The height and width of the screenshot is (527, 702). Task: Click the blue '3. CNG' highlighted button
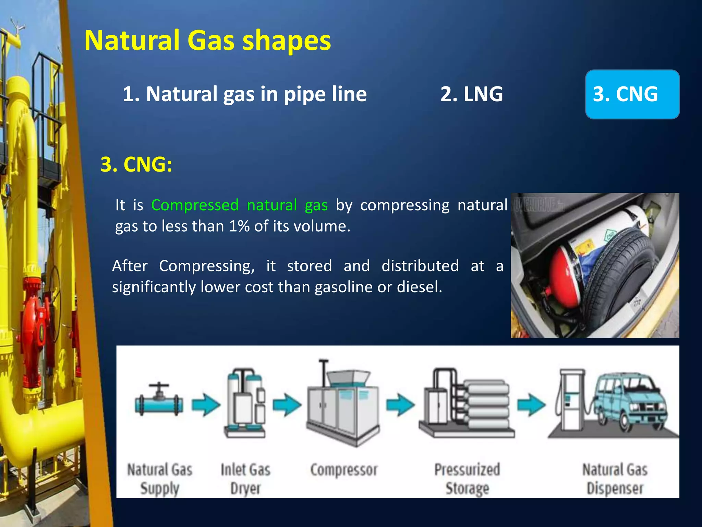click(x=632, y=94)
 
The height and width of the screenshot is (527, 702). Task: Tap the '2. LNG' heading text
click(x=472, y=94)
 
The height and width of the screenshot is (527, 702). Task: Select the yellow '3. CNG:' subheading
click(x=136, y=164)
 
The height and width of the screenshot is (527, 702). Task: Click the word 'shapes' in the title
click(x=287, y=40)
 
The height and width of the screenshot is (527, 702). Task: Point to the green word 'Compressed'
click(x=195, y=205)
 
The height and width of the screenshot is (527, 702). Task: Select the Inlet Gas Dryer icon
click(x=246, y=403)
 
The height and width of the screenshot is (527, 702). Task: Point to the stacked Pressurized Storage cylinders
click(x=487, y=405)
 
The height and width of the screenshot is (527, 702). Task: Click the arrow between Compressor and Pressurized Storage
click(x=400, y=405)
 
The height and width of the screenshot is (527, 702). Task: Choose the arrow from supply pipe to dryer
click(x=206, y=405)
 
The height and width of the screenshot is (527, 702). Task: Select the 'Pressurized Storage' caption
click(x=467, y=479)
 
